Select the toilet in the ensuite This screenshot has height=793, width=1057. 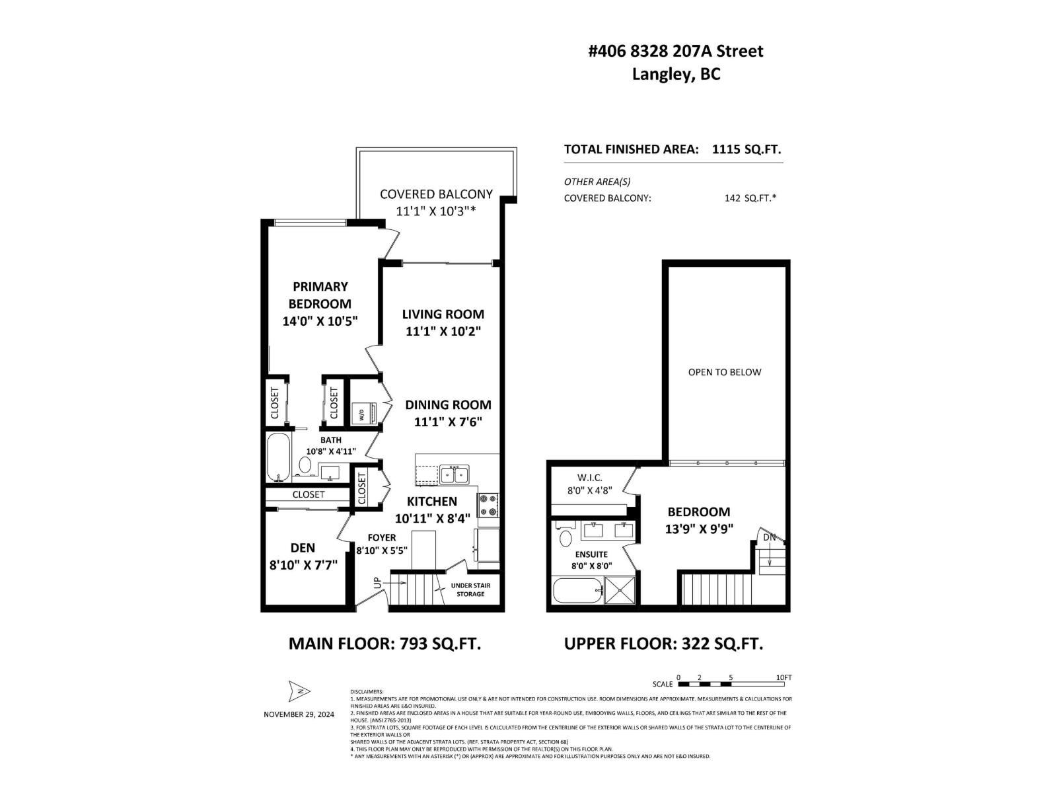pyautogui.click(x=565, y=537)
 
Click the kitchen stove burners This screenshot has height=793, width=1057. pyautogui.click(x=488, y=506)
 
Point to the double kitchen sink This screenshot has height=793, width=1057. pyautogui.click(x=455, y=474)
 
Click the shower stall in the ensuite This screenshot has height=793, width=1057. pyautogui.click(x=620, y=590)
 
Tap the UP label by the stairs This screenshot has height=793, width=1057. pyautogui.click(x=377, y=582)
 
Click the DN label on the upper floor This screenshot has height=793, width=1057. pyautogui.click(x=770, y=537)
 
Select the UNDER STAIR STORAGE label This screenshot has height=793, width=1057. pyautogui.click(x=471, y=589)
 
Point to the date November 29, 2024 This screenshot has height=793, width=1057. pyautogui.click(x=299, y=714)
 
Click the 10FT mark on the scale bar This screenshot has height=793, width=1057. pyautogui.click(x=784, y=677)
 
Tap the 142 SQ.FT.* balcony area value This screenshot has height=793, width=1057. pyautogui.click(x=750, y=198)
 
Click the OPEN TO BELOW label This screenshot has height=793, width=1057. pyautogui.click(x=725, y=372)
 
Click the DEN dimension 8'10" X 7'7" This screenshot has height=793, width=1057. pyautogui.click(x=303, y=566)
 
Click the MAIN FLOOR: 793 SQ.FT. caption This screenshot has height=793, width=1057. pyautogui.click(x=384, y=644)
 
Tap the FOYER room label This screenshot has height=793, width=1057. pyautogui.click(x=382, y=538)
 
